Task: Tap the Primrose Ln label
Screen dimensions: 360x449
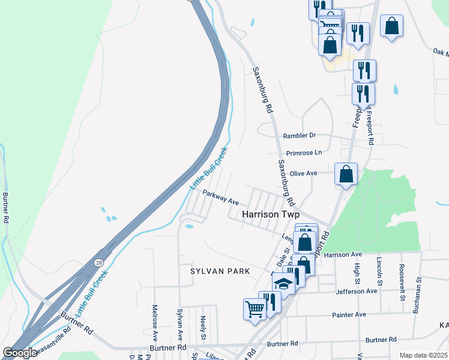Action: click(x=304, y=153)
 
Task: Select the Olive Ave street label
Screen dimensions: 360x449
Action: click(x=303, y=173)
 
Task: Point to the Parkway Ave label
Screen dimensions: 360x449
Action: click(x=221, y=197)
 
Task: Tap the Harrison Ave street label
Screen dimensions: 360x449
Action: click(x=343, y=255)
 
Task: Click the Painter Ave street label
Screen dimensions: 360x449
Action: click(x=349, y=314)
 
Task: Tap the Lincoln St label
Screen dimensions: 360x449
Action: click(x=379, y=270)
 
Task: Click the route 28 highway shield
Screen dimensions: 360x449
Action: click(x=97, y=263)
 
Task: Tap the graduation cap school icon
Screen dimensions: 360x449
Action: click(x=285, y=284)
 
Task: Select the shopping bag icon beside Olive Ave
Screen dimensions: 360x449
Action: click(x=346, y=175)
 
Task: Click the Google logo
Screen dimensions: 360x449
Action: click(x=20, y=353)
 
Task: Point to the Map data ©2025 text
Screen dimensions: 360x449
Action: click(x=423, y=355)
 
